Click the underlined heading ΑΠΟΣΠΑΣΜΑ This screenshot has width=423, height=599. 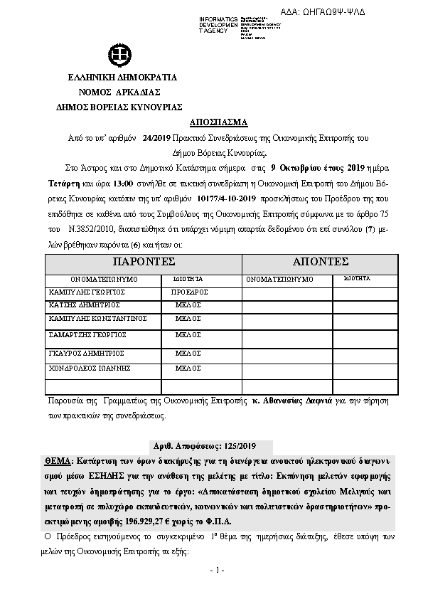[212, 122]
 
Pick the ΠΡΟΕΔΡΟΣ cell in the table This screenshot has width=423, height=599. [189, 292]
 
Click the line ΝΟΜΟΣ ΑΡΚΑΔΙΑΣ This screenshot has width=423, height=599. [119, 92]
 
